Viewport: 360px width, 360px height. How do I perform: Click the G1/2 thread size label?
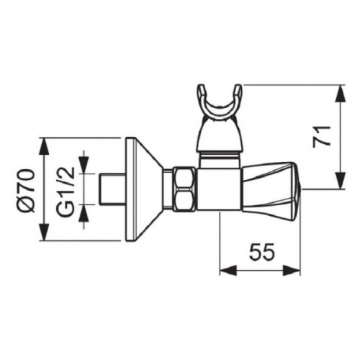[x=66, y=190]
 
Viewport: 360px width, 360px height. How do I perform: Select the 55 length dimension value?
[x=261, y=252]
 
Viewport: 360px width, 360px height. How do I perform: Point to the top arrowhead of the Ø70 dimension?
[x=44, y=146]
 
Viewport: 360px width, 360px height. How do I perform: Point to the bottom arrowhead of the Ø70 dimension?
[x=44, y=232]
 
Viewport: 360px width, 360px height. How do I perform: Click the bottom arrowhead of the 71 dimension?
[x=341, y=181]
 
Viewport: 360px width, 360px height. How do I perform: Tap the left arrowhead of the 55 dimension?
[x=228, y=270]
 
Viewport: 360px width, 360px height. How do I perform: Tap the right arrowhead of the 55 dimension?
[x=292, y=270]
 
